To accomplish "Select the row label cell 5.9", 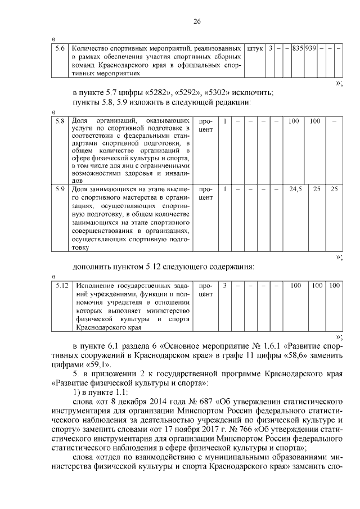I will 60,189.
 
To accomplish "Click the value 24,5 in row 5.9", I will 295,189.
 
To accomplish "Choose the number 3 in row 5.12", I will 224,286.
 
